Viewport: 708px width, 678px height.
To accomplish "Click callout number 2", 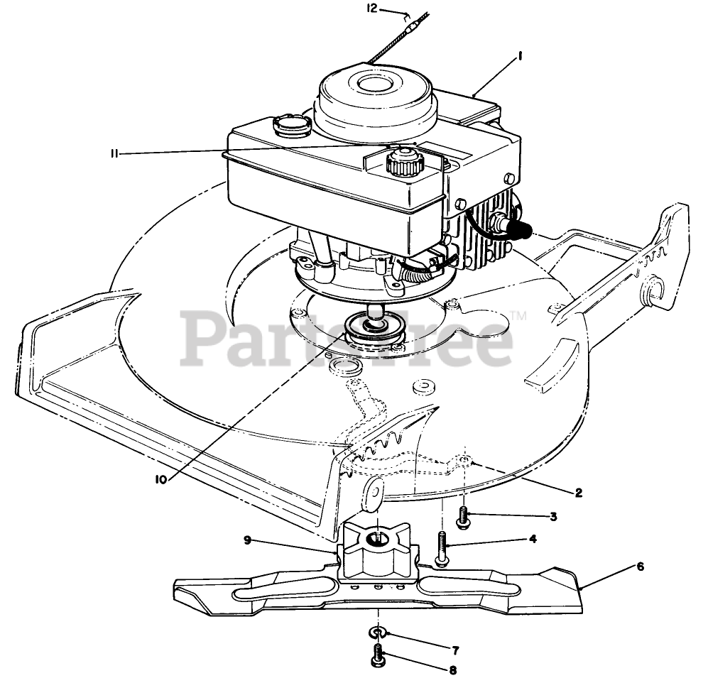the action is [579, 492].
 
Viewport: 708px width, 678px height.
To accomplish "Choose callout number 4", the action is [532, 539].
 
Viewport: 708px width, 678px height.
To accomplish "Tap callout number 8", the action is [452, 669].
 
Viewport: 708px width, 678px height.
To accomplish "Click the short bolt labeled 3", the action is [464, 518].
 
